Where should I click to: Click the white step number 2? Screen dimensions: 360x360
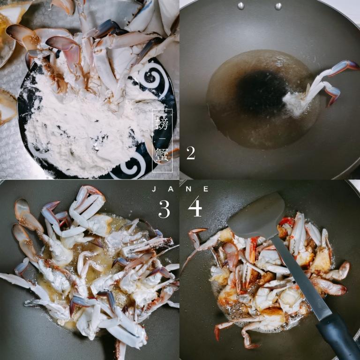191,153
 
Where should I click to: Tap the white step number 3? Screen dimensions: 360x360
164,209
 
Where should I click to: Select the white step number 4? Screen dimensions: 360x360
195,208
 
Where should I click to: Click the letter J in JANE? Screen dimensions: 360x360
154,189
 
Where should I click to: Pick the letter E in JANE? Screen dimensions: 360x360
206,189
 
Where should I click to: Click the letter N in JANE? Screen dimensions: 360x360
188,189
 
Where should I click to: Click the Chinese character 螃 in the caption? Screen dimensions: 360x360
162,123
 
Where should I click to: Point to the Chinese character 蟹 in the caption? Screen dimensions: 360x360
162,154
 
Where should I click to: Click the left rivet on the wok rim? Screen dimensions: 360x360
241,6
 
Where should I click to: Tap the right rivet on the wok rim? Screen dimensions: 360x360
278,7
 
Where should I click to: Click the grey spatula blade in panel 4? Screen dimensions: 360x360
257,215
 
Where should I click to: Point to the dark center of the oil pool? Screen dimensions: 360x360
262,90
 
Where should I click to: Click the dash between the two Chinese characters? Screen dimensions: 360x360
162,139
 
